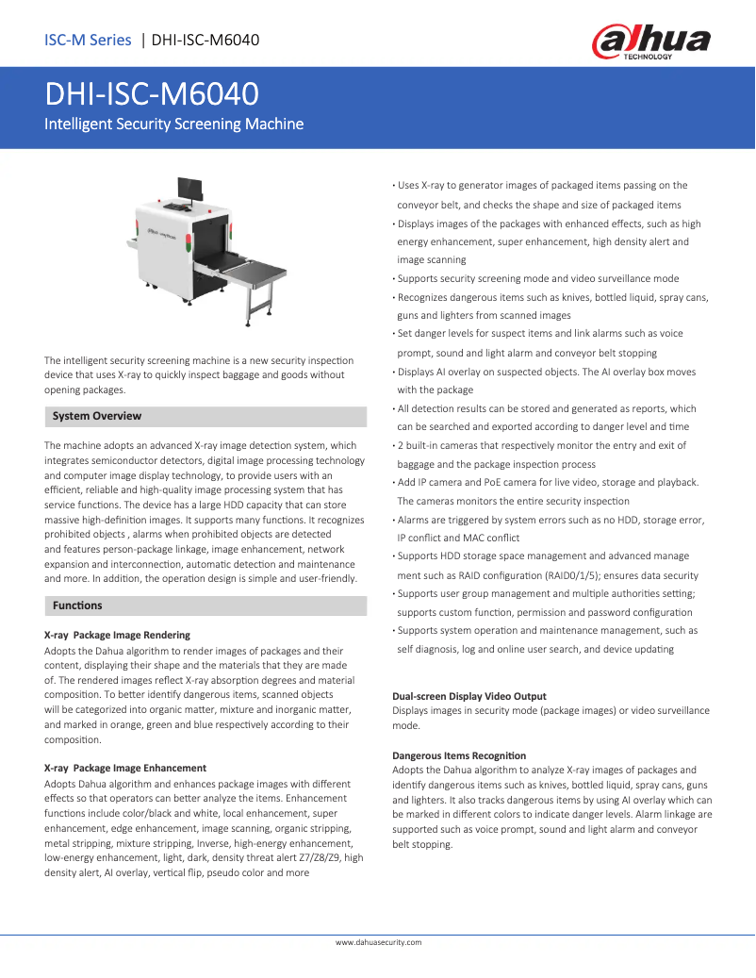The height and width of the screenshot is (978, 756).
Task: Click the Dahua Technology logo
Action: pos(650,41)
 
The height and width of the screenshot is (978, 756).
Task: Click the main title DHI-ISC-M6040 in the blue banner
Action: pos(152,95)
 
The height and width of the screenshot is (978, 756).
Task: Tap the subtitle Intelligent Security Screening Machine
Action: pos(174,124)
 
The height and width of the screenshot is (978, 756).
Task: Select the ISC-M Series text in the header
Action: pos(88,40)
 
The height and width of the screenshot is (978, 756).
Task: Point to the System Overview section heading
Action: pos(97,416)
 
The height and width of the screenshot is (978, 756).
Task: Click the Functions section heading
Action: pos(77,605)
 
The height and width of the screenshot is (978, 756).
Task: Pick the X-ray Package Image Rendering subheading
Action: pos(117,635)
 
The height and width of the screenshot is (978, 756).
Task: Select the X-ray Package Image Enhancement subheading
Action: pos(125,768)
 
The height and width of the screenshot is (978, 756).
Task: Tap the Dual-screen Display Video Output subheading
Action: pos(468,696)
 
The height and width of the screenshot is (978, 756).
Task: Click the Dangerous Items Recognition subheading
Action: pos(459,755)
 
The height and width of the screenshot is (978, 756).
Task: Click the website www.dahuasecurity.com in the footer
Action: pos(378,942)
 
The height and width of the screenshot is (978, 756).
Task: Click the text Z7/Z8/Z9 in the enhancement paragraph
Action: pos(316,858)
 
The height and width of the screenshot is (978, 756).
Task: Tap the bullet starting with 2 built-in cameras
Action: pos(541,445)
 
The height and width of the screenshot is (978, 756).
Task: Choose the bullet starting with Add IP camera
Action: pos(548,482)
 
